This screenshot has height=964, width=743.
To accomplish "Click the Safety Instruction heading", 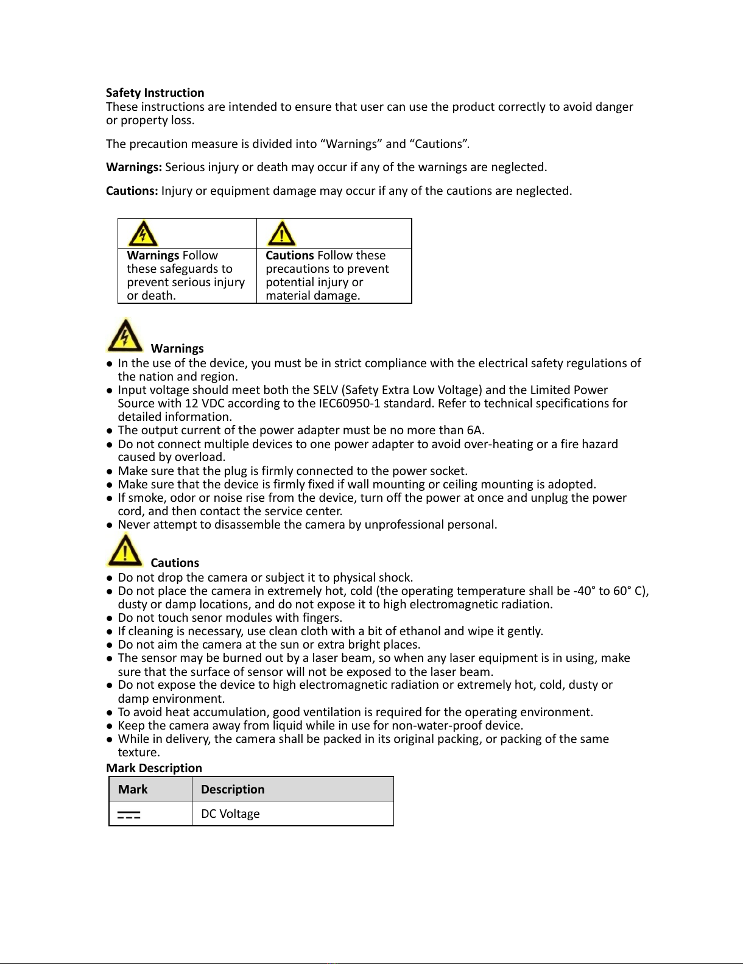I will pos(155,93).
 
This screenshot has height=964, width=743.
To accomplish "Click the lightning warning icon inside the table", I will pos(143,234).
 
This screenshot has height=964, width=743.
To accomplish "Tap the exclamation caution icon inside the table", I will pos(281,234).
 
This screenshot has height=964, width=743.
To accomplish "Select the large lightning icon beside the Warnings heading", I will pos(125,336).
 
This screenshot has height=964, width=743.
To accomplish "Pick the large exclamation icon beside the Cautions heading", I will pos(125,550).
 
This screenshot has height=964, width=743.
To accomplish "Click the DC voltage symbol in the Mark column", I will pos(129,814).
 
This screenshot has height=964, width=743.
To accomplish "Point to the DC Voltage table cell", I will pos(230,814).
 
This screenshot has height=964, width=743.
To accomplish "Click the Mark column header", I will pos(133,789).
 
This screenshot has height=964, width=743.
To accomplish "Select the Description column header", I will pos(233,789).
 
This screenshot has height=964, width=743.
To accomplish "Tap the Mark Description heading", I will pos(153,768).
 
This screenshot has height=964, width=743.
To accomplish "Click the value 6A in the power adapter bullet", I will pos(475,431).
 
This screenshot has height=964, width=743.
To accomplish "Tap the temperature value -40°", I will pos(584,591).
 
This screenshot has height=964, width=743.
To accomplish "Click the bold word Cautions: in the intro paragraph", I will pos(132,191).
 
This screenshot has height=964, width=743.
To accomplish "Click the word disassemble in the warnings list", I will pos(249,524).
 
